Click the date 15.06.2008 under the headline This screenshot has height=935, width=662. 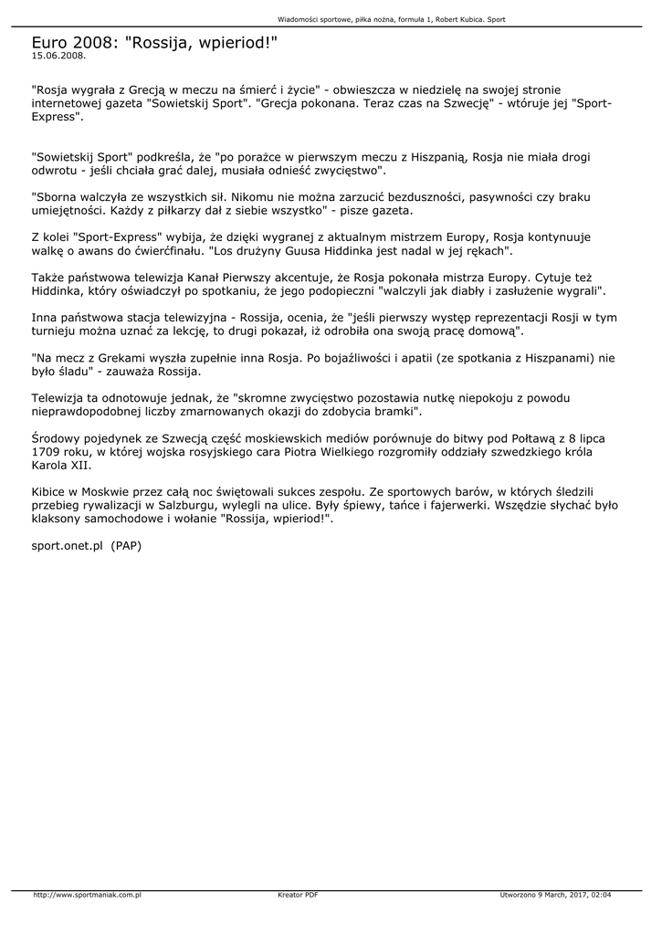tap(58, 55)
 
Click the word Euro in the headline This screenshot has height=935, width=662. tap(50, 42)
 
